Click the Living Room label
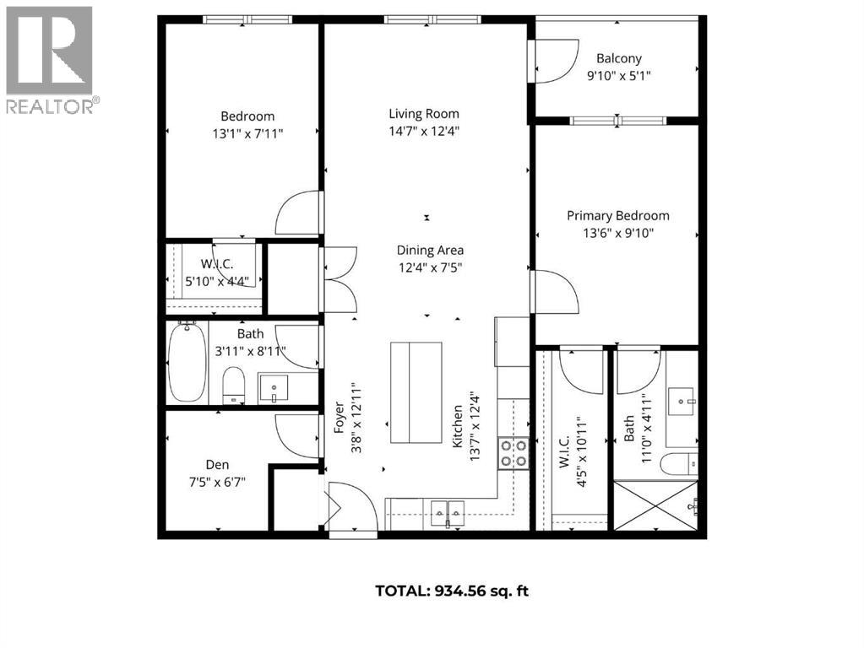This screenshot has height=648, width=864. click(424, 114)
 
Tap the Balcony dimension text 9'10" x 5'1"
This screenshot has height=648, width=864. click(619, 75)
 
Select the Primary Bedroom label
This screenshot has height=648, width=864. click(617, 216)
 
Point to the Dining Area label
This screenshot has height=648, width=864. click(430, 250)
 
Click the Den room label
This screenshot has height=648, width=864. click(217, 465)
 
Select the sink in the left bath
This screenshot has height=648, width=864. click(273, 389)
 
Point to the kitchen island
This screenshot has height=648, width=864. click(416, 392)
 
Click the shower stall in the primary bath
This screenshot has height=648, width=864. click(656, 505)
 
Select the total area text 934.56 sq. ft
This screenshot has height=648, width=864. click(452, 591)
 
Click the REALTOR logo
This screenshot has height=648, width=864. click(50, 59)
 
